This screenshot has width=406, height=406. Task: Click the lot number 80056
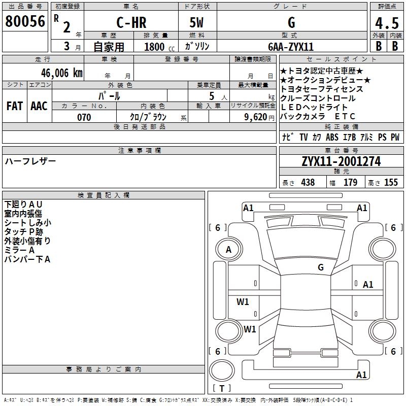coord(25,21)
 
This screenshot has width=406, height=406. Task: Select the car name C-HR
coord(131,22)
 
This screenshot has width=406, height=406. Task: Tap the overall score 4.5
coord(387,23)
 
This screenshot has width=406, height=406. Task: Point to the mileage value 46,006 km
coord(61,73)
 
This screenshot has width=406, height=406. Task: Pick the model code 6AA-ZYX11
coord(291,47)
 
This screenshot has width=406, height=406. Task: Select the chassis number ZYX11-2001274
coord(341,161)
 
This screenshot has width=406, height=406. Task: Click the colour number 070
coord(84,117)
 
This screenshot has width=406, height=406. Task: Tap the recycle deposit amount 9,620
coord(255,117)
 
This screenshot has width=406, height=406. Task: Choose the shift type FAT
coord(15,106)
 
